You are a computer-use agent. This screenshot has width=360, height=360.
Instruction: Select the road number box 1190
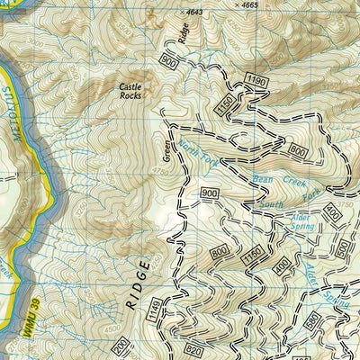click(256, 82)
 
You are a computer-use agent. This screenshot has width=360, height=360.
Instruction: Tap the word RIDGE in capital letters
click(137, 288)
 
